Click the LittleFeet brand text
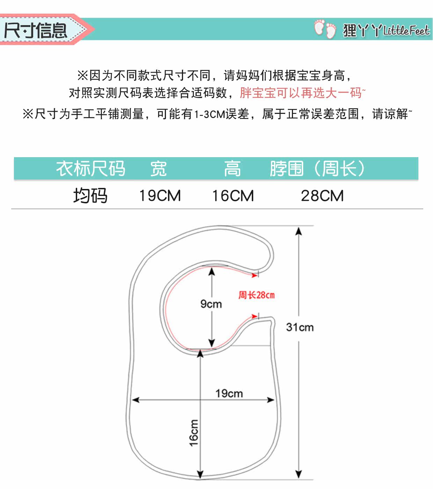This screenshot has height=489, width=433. pos(406,31)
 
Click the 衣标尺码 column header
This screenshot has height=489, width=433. pos(91,169)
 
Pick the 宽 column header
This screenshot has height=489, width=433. pos(159,169)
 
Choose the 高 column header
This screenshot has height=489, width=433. pos(232,169)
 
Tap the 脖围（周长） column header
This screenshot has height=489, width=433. pos(317,169)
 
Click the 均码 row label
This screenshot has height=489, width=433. pos(90,196)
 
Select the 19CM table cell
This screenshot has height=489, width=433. pos(160,196)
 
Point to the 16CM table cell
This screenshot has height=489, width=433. pos(233,196)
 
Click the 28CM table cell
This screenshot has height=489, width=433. pos(322,196)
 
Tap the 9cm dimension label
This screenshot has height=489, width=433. pos(211,304)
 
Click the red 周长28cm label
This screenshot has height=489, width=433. pos(257,295)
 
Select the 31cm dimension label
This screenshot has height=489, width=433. pos(300,327)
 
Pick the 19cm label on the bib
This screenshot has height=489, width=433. pos(229,393)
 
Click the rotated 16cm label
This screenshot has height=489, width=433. pos(194,433)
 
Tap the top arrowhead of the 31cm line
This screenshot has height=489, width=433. pos(299,231)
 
